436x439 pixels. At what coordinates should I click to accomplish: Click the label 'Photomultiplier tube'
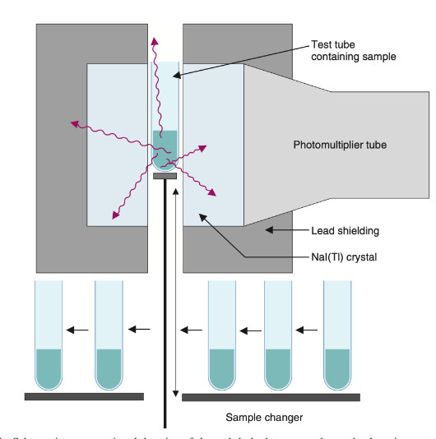tap(340, 146)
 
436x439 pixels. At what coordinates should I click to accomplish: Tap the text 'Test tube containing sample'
tap(354, 50)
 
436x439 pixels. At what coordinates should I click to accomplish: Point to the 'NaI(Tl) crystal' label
tap(340, 257)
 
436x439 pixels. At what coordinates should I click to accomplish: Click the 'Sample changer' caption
tap(265, 417)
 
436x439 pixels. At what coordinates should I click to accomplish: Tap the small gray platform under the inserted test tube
tap(165, 175)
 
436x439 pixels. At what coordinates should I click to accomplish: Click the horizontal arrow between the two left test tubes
tap(78, 330)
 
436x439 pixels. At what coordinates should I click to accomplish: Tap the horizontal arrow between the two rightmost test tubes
tap(306, 330)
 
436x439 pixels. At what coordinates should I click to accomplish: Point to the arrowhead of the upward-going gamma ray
tap(152, 40)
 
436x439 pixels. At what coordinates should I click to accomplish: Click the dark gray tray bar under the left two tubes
tap(84, 396)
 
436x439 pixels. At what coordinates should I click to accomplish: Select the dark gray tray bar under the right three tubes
tap(270, 397)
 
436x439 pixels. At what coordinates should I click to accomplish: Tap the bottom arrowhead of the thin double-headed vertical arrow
tap(176, 390)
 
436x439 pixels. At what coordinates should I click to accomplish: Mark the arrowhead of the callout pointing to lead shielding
tap(267, 232)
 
